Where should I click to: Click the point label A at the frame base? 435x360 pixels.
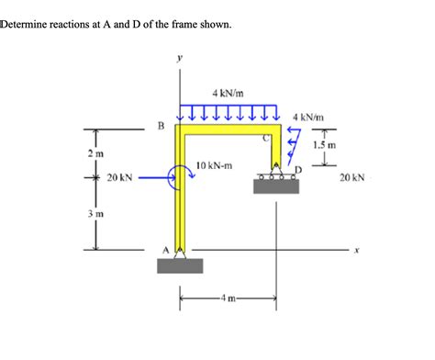166,248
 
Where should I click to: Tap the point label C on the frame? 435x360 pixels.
267,139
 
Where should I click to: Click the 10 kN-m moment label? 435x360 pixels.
214,165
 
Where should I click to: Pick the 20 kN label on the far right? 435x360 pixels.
352,178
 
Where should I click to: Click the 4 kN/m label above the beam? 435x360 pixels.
226,93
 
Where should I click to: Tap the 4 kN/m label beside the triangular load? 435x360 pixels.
307,117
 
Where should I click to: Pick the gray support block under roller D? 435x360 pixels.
274,187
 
